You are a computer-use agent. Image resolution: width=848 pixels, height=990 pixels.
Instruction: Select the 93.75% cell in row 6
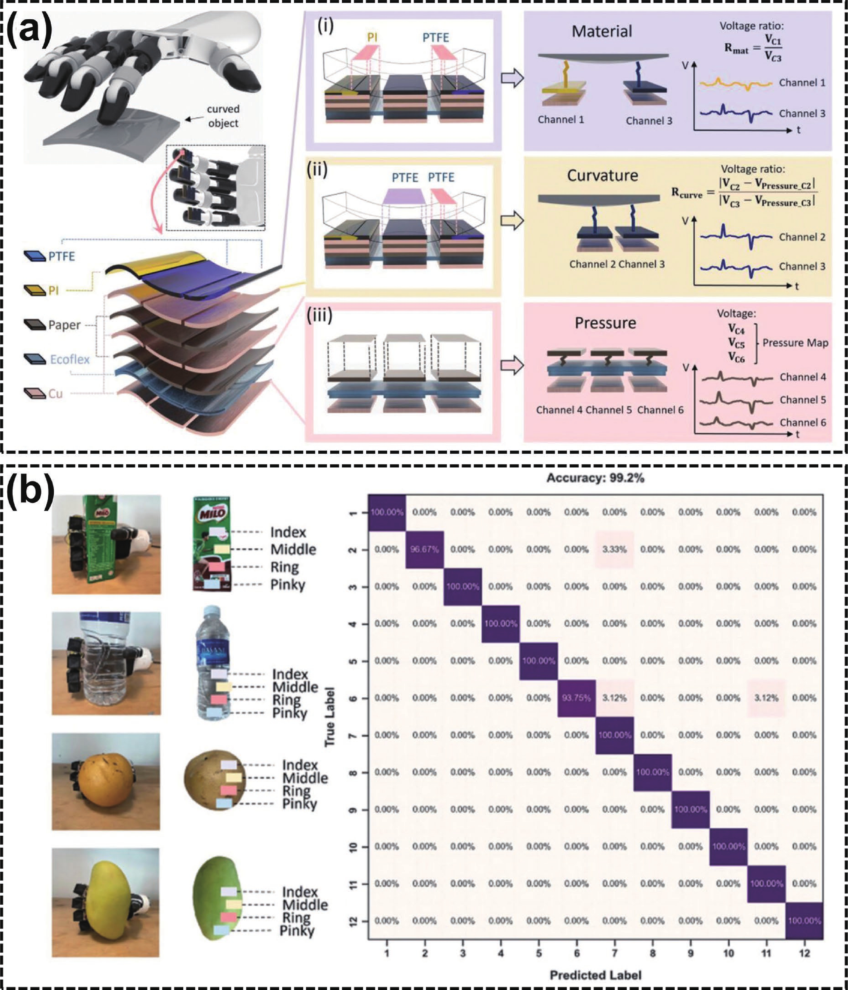tap(576, 698)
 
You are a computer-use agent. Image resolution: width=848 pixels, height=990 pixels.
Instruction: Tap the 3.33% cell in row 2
tap(614, 550)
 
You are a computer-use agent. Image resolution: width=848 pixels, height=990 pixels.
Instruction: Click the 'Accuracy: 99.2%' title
tap(595, 478)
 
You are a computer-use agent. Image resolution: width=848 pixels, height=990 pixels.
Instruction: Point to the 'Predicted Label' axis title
tap(595, 975)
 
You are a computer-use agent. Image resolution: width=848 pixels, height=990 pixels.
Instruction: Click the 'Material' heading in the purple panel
tap(602, 32)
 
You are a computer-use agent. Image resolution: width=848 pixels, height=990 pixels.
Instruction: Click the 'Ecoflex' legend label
tap(70, 359)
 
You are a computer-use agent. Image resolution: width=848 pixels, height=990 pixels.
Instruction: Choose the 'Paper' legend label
tap(64, 325)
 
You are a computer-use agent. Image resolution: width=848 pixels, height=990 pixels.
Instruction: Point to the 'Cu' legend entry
tap(55, 394)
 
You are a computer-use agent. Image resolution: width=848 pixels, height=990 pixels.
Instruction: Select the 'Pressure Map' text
tap(795, 343)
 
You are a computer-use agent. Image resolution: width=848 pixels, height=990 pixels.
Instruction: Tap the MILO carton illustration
tap(212, 544)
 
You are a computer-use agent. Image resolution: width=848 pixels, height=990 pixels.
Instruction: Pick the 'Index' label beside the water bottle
tap(290, 674)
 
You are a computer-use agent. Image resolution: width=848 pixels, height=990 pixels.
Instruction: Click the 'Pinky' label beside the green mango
tap(297, 931)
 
